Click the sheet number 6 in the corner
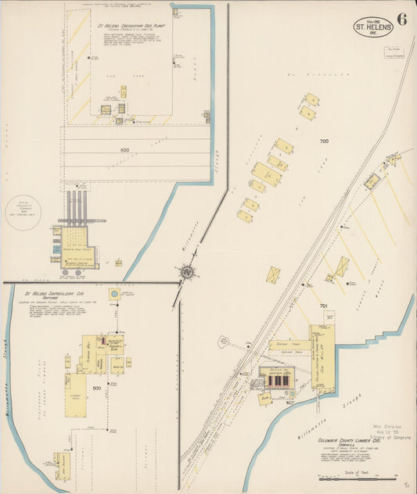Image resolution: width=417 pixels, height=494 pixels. pyautogui.click(x=401, y=20)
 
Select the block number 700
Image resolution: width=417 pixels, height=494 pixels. pyautogui.click(x=324, y=141)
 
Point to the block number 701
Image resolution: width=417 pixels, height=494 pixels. pyautogui.click(x=324, y=306)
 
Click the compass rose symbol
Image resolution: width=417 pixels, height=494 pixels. pyautogui.click(x=188, y=272)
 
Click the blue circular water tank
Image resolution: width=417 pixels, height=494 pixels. pyautogui.click(x=115, y=294)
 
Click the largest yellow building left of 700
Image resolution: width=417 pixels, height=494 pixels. pyautogui.click(x=267, y=174)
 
